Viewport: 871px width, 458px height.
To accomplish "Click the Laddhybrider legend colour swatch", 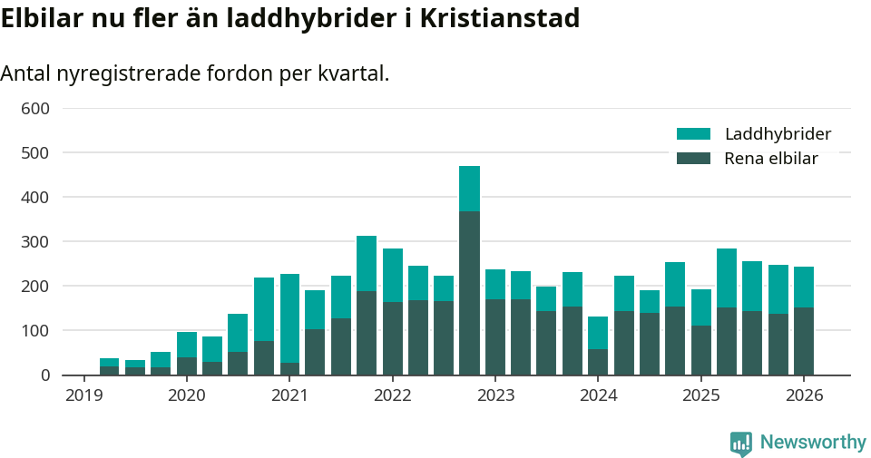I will pos(693,134).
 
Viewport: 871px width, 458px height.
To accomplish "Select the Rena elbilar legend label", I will pos(771,159).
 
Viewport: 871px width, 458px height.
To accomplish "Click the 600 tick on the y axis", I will pos(35,109).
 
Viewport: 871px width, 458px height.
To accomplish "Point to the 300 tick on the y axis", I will pos(35,242).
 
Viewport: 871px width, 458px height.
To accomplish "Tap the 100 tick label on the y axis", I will pos(35,331).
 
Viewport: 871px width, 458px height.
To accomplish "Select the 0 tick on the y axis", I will pos(44,375).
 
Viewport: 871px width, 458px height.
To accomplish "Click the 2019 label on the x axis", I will pos(83,395).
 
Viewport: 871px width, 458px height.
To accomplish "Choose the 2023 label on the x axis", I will pos(495,395).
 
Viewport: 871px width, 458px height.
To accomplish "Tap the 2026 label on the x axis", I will pos(804,395).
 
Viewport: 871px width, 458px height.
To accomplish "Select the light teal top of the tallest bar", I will pos(469,189).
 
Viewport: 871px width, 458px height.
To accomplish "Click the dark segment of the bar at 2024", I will pos(598,362).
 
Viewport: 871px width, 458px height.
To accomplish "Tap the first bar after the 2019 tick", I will pos(109,366).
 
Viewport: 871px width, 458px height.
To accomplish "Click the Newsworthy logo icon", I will pos(740,443).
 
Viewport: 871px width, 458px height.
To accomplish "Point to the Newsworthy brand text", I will pos(813,443).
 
